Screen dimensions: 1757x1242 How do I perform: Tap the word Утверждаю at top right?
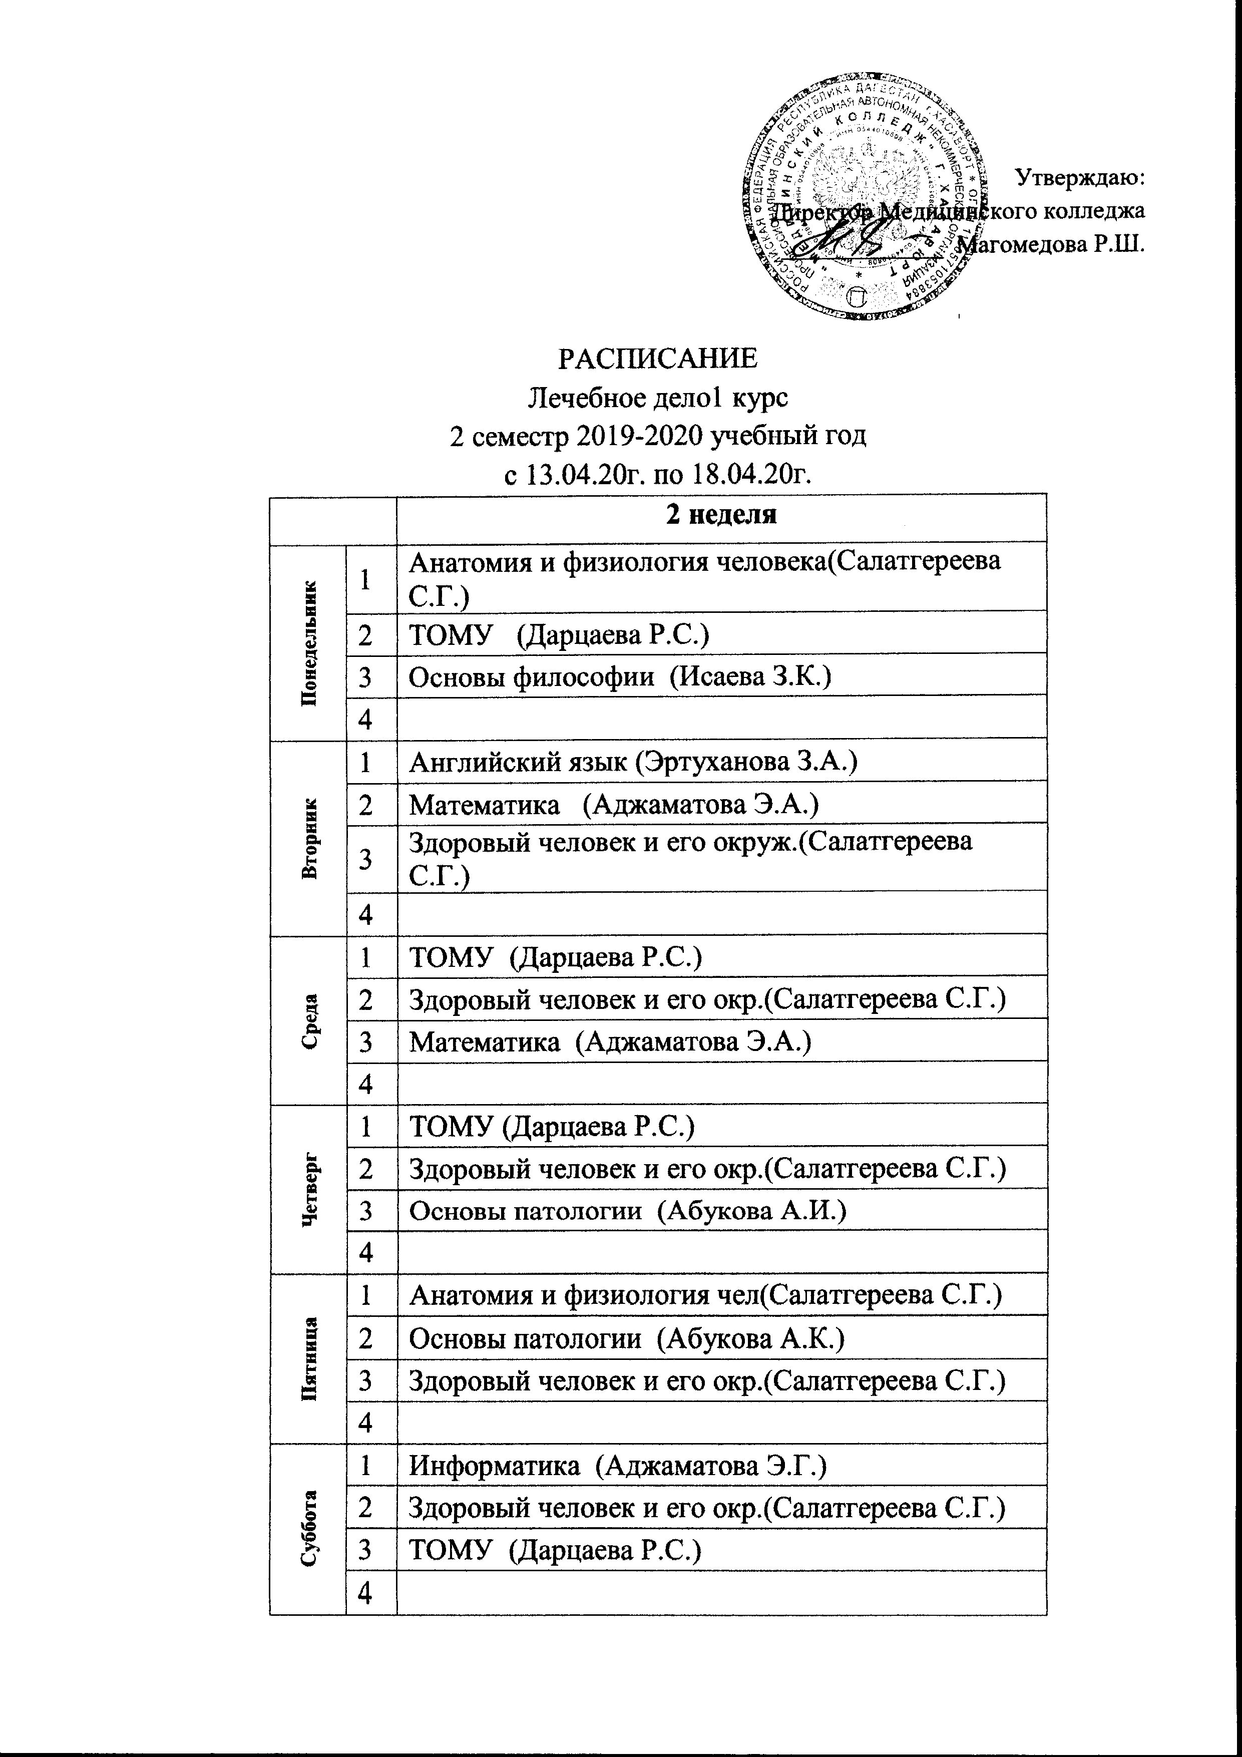tap(1079, 178)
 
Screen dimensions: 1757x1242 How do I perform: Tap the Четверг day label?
tap(309, 1188)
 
